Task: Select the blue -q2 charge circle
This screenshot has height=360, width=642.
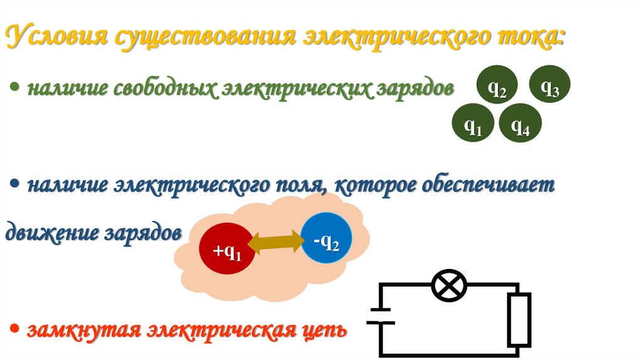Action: pos(327,240)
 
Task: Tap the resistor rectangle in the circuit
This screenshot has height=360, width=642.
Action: pos(519,320)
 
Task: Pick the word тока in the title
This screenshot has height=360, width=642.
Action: pos(525,38)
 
